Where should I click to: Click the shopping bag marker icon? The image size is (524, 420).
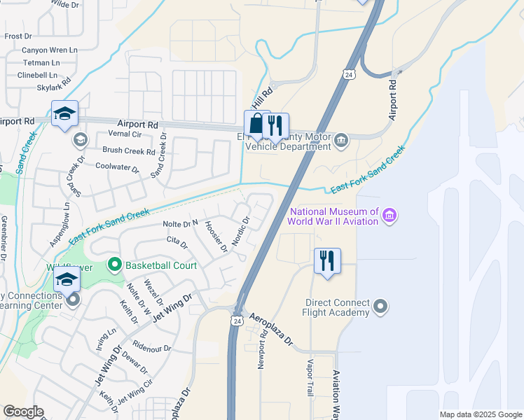(257, 125)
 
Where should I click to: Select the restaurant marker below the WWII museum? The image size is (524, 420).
(327, 260)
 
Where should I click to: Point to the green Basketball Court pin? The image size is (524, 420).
(113, 265)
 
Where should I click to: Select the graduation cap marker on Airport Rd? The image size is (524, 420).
(64, 114)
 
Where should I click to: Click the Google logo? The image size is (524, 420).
(23, 412)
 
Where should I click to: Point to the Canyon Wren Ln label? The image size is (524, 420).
(49, 50)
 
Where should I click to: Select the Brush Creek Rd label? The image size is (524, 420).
(128, 150)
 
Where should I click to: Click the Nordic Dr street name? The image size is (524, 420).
(241, 230)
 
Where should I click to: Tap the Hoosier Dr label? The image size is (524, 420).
(215, 235)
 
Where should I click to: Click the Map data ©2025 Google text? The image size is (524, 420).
(481, 414)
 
